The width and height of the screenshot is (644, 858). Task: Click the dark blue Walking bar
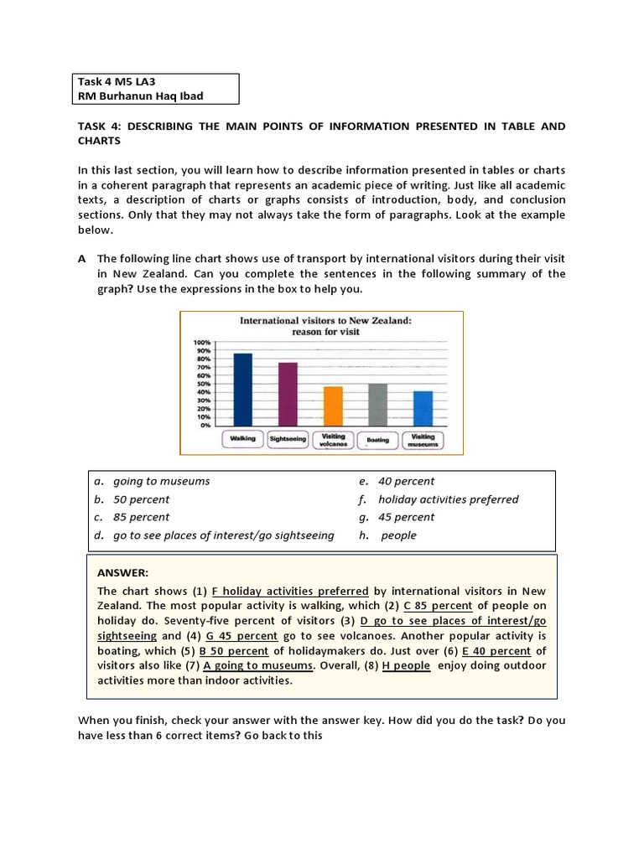(242, 390)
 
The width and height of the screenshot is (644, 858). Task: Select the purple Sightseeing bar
(288, 394)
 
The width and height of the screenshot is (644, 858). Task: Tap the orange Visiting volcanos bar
(333, 406)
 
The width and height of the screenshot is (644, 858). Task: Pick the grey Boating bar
(378, 405)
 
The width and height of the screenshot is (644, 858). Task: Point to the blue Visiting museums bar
(423, 408)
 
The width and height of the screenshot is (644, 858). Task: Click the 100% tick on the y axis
(202, 343)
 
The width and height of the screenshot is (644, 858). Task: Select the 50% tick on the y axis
(204, 384)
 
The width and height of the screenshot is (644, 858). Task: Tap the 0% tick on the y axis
(205, 425)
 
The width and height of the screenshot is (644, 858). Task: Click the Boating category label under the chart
(377, 440)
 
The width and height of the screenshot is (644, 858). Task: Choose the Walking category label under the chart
(242, 439)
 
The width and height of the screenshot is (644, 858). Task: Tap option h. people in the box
(398, 535)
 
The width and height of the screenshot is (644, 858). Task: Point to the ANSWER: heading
(122, 573)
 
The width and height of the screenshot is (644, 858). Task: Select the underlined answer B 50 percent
(234, 651)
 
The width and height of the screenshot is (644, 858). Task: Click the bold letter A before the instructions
(82, 259)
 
